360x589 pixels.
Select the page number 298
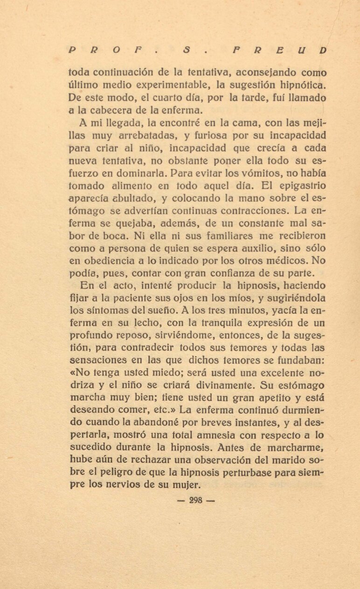[196, 500]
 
